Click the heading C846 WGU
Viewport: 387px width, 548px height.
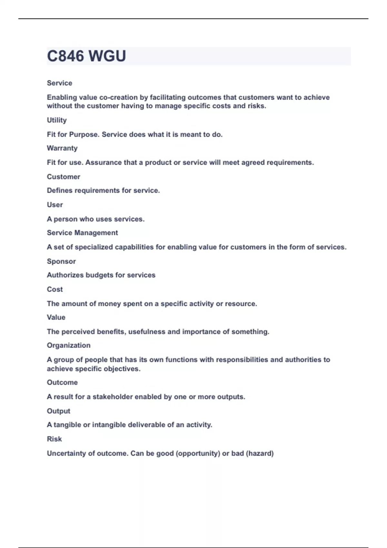86,56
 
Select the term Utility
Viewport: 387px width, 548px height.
57,120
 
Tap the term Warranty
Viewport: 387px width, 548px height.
62,148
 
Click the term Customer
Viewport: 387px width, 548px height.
64,177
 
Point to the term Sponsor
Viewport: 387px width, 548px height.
61,261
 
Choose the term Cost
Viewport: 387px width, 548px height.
55,289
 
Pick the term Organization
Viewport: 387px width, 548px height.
69,346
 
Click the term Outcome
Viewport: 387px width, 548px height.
62,383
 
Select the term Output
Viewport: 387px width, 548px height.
58,411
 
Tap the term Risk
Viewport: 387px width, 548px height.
54,439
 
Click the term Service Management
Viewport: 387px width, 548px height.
82,233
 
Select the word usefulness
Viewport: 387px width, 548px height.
147,332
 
